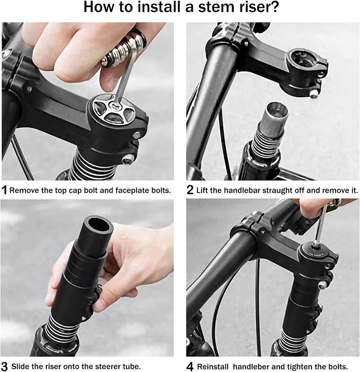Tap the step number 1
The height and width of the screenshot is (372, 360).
point(4,190)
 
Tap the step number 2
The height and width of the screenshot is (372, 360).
point(190,190)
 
